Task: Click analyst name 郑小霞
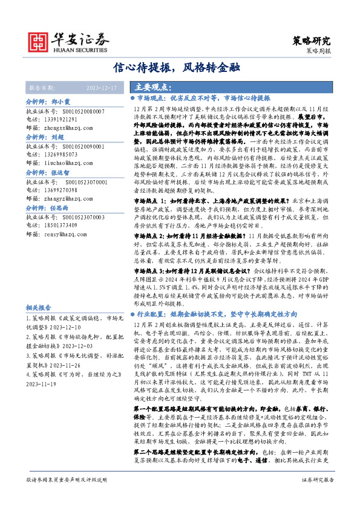click(x=61, y=103)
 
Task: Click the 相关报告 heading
click(x=38, y=306)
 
